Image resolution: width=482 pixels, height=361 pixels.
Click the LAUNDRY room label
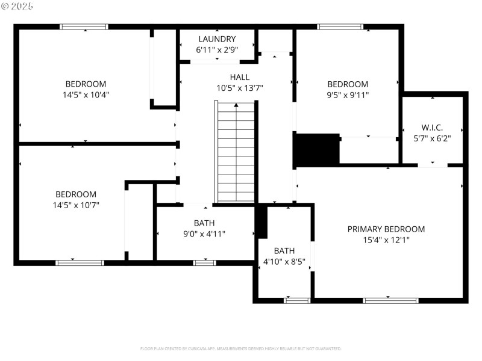click(217, 39)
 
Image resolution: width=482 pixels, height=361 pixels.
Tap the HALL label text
click(239, 77)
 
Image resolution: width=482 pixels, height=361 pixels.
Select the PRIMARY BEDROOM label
click(386, 229)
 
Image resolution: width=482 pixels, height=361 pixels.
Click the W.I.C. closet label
click(432, 128)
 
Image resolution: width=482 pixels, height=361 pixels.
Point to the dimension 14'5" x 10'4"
click(86, 94)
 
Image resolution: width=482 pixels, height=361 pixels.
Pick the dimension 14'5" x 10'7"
click(76, 205)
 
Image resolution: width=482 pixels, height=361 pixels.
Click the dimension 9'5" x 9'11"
click(347, 94)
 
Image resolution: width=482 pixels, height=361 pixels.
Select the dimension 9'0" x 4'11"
click(204, 233)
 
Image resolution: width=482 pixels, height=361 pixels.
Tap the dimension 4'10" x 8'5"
click(284, 261)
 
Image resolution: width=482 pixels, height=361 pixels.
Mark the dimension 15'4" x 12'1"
click(386, 239)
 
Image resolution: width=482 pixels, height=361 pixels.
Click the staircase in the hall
click(236, 153)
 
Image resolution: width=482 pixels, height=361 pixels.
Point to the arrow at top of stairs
click(236, 105)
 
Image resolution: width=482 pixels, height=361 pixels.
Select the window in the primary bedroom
click(391, 300)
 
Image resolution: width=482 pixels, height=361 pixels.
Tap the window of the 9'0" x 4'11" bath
click(204, 262)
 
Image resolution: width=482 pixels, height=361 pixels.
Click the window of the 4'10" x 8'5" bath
click(297, 300)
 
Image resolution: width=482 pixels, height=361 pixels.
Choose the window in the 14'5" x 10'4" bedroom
click(84, 26)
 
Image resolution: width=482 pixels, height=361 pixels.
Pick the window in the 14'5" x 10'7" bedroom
click(80, 262)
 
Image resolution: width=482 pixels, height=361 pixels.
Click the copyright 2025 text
click(17, 5)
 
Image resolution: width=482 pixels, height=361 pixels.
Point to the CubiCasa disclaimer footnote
click(241, 348)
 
